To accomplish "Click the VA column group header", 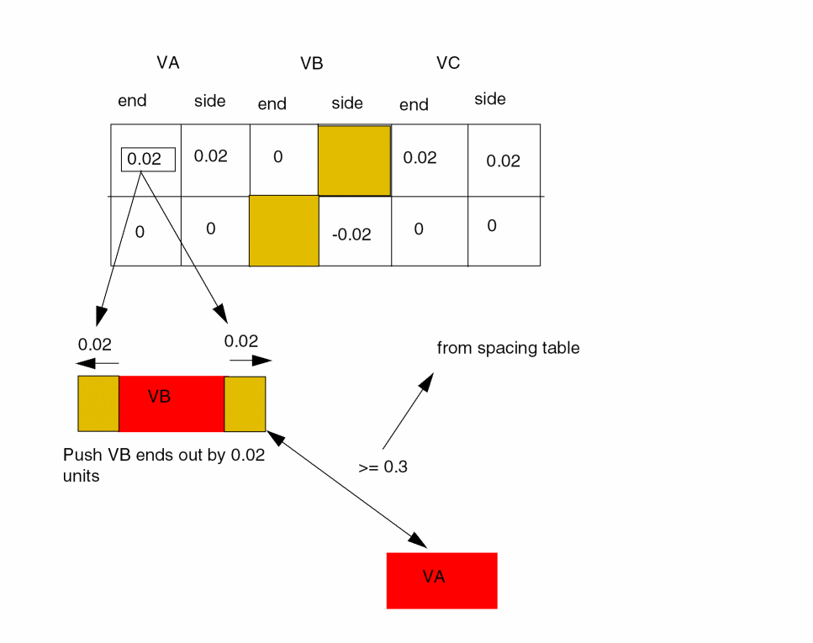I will point(167,63).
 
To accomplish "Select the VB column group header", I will point(311,64).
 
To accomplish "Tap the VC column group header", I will point(448,63).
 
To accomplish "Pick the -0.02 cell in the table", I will point(351,235).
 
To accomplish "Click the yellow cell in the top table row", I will point(354,161).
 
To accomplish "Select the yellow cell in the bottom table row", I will point(284,231).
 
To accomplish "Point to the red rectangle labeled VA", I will point(441,580).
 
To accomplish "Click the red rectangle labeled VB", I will point(172,403).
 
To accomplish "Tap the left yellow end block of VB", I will point(98,403).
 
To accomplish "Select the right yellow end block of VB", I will point(245,403).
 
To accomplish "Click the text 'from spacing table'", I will point(508,348).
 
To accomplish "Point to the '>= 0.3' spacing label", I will point(383,467).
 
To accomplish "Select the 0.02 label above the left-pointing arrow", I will point(94,344).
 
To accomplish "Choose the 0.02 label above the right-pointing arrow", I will point(241,341).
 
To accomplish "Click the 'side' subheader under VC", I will point(489,99).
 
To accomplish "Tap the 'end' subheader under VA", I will point(132,101).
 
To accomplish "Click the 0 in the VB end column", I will point(277,157).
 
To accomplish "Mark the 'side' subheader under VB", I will point(347,103).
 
